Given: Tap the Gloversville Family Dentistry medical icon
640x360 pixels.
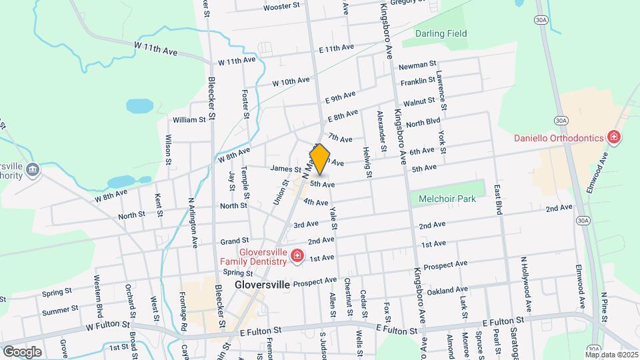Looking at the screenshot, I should pos(297,256).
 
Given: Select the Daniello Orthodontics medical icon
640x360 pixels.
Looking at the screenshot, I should pos(614,138).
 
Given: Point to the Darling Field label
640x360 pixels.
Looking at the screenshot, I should pos(441,33).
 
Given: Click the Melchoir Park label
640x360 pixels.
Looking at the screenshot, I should pos(448,199).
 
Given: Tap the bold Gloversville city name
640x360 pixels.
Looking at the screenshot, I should pos(262,284).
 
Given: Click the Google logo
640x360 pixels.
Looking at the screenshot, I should pos(22,351).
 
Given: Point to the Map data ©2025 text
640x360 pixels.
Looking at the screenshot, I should pos(611,354).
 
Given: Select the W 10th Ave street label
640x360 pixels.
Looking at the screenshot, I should pos(291,81).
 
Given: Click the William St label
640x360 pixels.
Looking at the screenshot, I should pos(189,120).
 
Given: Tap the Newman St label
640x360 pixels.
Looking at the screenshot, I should pos(417,67).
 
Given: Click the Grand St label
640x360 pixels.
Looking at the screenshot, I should pos(235,240).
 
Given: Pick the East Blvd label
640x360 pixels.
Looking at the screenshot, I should pos(497,200).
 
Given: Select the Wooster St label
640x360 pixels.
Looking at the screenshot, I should pos(263,6).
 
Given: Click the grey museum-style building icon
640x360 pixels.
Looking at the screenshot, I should pos(32,171).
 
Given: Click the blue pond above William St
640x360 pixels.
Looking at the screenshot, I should pos(139,105).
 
